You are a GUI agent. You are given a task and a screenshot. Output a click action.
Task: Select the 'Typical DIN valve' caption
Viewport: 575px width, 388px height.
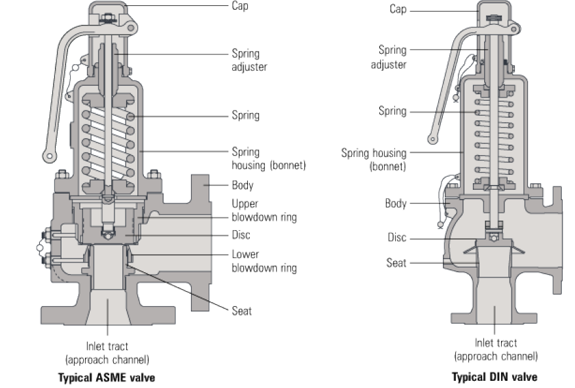point(495,378)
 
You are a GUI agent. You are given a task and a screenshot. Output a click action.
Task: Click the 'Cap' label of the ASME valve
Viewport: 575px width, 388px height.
point(240,6)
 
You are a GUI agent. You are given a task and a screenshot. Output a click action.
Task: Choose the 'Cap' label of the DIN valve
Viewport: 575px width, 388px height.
point(398,9)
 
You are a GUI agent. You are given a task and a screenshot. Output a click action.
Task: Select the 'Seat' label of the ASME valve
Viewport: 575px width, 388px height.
point(241,311)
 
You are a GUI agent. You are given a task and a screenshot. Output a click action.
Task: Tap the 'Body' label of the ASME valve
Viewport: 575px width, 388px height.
point(243,185)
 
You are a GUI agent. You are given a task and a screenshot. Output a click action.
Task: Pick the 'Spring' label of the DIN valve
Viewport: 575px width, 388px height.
point(392,111)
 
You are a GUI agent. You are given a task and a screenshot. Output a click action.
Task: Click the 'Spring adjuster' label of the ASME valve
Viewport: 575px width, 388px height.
point(249,60)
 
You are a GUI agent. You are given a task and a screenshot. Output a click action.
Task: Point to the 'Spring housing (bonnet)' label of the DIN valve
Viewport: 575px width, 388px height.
point(374,159)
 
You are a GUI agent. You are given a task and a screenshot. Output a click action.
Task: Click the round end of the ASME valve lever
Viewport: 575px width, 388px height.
point(48,156)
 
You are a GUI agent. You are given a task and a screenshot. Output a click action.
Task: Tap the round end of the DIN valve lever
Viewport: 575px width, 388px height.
point(432,139)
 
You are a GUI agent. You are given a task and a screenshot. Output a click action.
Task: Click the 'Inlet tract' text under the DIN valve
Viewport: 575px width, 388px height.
point(495,344)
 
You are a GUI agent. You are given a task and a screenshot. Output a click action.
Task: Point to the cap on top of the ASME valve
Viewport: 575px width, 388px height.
point(108,9)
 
